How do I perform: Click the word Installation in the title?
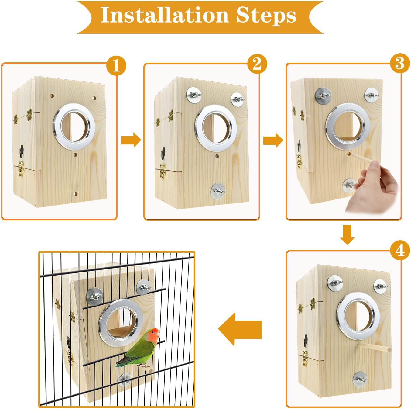coord(164,15)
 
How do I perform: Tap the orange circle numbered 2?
coord(257,64)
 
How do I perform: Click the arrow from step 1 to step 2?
coord(131,140)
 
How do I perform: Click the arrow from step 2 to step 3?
coord(273,140)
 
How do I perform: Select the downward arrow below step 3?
coord(347,235)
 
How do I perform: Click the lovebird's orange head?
coord(154,334)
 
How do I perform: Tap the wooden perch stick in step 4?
coord(375,347)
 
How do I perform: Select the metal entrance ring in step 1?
coord(74,127)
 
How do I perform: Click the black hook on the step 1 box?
coord(22,151)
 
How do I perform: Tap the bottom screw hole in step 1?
coord(76,193)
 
